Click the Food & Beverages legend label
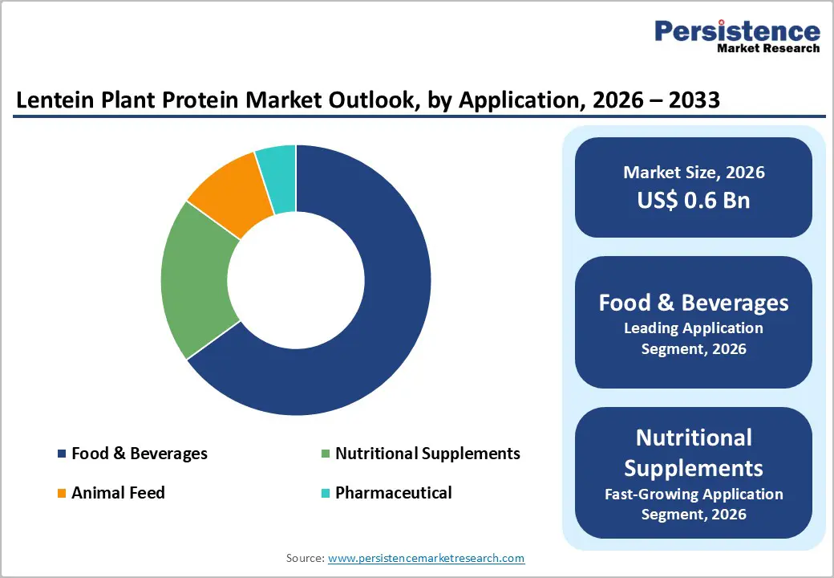tap(139, 454)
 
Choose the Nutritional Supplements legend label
tap(427, 454)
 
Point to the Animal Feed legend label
tap(118, 493)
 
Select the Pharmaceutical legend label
tap(393, 493)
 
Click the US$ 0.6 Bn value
tap(694, 200)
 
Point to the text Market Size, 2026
tap(694, 172)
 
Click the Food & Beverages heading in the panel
tap(694, 303)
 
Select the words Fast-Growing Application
tap(694, 494)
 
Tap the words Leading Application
tap(694, 328)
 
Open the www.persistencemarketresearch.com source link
tap(426, 557)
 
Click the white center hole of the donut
tap(296, 279)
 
